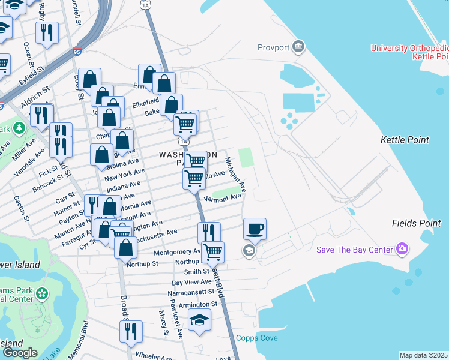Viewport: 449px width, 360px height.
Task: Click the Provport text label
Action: [x=274, y=47]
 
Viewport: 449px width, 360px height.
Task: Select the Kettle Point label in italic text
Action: [x=405, y=140]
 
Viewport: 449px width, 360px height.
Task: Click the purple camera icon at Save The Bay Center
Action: [x=402, y=249]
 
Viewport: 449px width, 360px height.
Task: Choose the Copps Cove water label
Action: [x=257, y=338]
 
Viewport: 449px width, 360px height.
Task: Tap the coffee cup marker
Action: [x=255, y=229]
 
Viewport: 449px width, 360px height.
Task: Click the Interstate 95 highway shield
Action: [x=76, y=53]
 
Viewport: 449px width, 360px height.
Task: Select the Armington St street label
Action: [x=187, y=304]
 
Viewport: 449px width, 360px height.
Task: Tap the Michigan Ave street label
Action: [x=235, y=175]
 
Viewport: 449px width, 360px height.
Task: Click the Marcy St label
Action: [x=163, y=323]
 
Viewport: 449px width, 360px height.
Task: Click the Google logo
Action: [x=20, y=353]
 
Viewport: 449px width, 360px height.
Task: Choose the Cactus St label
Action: [x=22, y=206]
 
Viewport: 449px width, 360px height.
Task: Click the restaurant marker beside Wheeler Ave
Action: [x=130, y=331]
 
